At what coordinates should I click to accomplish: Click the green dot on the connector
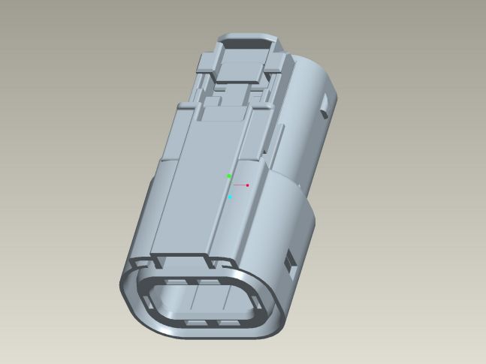tap(229, 176)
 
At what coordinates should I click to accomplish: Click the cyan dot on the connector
tap(231, 197)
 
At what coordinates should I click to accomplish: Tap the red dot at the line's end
tap(247, 185)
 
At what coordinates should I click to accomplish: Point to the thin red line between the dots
tap(239, 184)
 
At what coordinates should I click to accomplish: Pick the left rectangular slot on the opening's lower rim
tap(193, 321)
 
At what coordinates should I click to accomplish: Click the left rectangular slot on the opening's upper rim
tap(176, 282)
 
